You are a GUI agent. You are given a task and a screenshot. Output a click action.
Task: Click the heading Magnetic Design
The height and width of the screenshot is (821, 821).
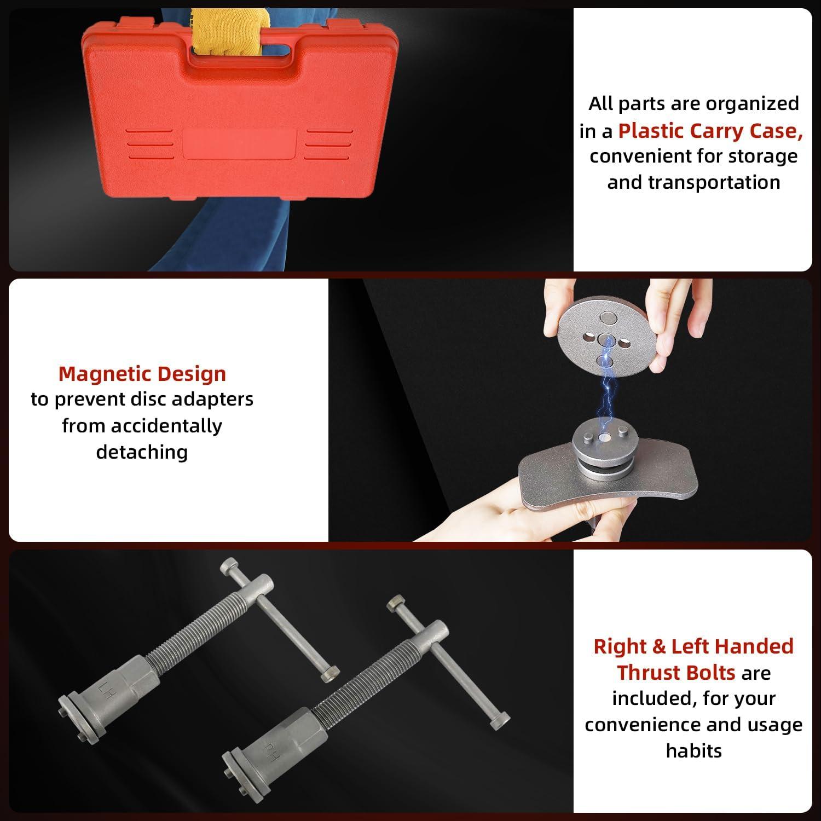142,374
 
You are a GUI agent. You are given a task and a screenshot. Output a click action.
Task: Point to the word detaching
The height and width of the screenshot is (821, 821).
142,452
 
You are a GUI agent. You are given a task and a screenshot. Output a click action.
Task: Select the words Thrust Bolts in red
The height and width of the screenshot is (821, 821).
677,673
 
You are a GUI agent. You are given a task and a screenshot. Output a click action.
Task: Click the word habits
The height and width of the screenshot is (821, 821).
693,750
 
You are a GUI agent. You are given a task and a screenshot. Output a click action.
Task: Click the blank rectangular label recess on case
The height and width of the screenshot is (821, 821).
240,143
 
